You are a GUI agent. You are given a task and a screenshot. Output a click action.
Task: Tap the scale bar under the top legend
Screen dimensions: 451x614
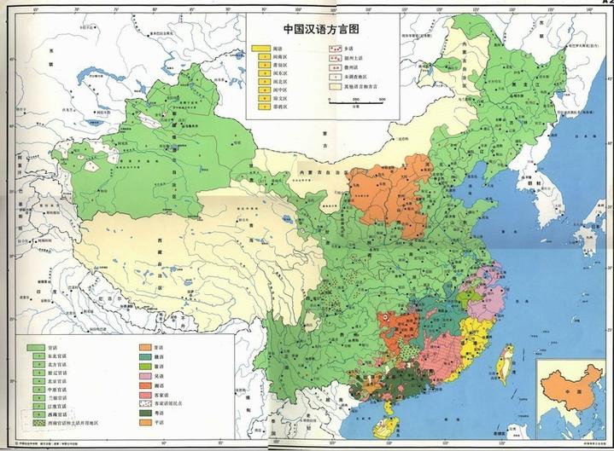[x=359, y=100]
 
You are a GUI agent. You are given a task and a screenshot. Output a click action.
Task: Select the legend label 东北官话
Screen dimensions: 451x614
[x=61, y=359]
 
